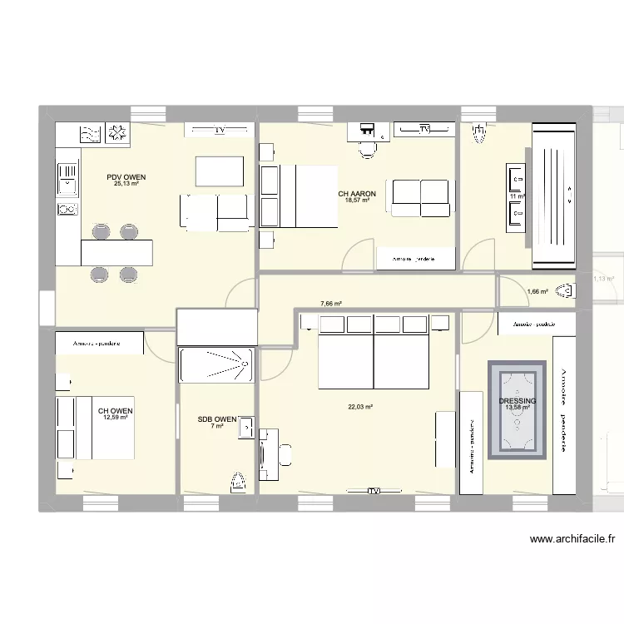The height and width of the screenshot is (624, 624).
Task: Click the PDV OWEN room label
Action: tap(126, 177)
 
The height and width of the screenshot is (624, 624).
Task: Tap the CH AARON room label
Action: tap(357, 194)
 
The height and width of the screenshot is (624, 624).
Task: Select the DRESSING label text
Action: tap(518, 401)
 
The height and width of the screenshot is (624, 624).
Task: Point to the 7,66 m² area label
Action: tap(332, 305)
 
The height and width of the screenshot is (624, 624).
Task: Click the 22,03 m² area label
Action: tap(360, 407)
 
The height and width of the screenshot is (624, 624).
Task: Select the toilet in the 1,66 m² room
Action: tap(567, 291)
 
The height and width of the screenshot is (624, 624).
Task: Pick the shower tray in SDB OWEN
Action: tap(215, 365)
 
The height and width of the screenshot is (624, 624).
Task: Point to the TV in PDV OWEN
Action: tap(219, 130)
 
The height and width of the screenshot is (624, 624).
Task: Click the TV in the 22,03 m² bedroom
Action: tap(374, 491)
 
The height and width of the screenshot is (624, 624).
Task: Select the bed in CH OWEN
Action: tap(93, 428)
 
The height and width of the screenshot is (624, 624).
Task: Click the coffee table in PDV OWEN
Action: tap(219, 171)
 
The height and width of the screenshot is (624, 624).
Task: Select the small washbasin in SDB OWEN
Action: tap(246, 427)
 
